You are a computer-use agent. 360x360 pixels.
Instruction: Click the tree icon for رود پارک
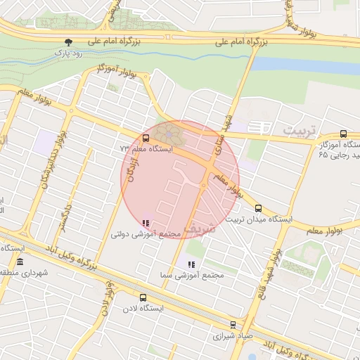pos(68,42)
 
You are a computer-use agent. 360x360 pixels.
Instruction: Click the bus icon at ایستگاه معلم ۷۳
pos(146,139)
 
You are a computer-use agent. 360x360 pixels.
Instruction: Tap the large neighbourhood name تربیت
pos(301,131)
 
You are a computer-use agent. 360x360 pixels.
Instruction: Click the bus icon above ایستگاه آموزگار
pos(343,134)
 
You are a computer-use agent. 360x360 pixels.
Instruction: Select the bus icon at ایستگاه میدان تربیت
pos(259,208)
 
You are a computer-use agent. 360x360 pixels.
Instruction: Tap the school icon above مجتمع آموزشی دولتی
pos(146,223)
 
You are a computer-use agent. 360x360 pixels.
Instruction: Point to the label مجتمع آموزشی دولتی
pos(146,233)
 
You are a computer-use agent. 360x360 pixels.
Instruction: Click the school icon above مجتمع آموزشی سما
pos(191,264)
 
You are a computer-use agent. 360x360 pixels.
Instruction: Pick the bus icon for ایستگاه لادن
pos(143,297)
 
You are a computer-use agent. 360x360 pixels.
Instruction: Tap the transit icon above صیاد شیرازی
pos(233,325)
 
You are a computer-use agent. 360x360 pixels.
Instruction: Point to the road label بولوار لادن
pos(108,294)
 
